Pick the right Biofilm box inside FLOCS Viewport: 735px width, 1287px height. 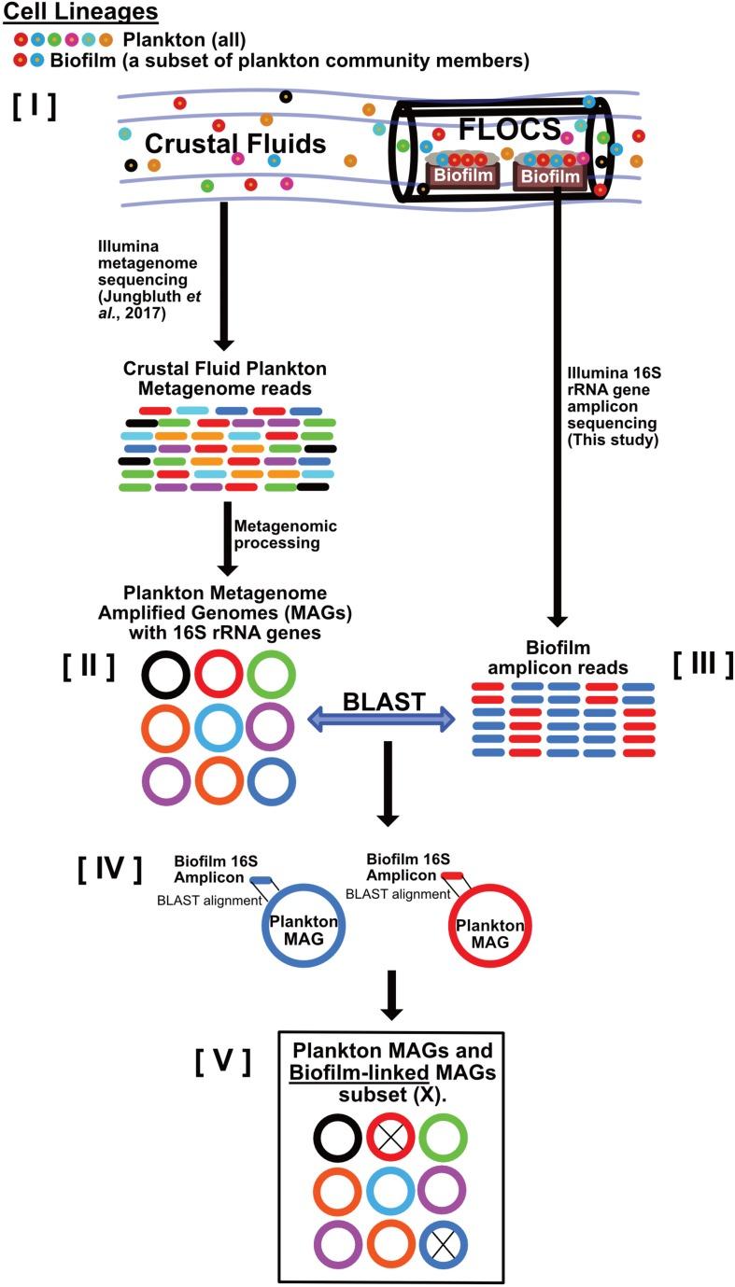(551, 175)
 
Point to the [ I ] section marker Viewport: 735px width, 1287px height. (35, 105)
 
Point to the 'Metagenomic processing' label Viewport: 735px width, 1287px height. (285, 535)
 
